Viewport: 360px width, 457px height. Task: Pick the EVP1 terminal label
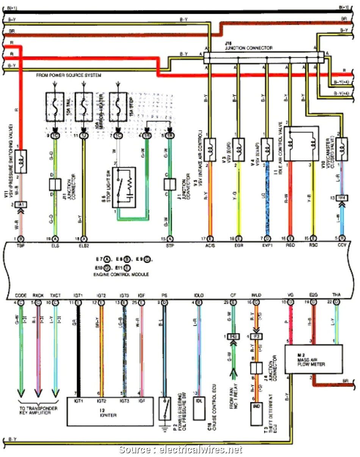(267, 245)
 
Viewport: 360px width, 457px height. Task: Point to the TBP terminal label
(21, 245)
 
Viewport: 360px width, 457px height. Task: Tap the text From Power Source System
(69, 75)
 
